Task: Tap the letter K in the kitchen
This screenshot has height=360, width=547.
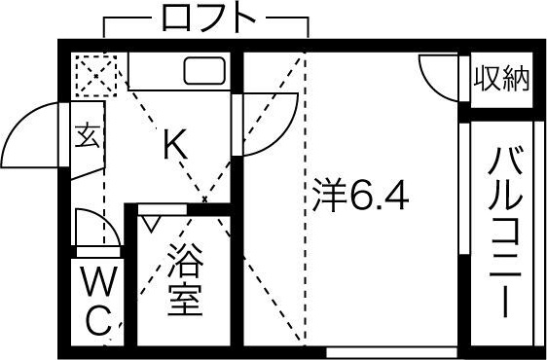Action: (174, 147)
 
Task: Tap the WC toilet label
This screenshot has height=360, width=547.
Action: (96, 301)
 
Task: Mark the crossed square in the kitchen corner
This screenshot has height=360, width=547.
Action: (95, 75)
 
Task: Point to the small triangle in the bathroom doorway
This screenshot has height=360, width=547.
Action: (151, 222)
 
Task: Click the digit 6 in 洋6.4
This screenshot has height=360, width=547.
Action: (360, 198)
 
